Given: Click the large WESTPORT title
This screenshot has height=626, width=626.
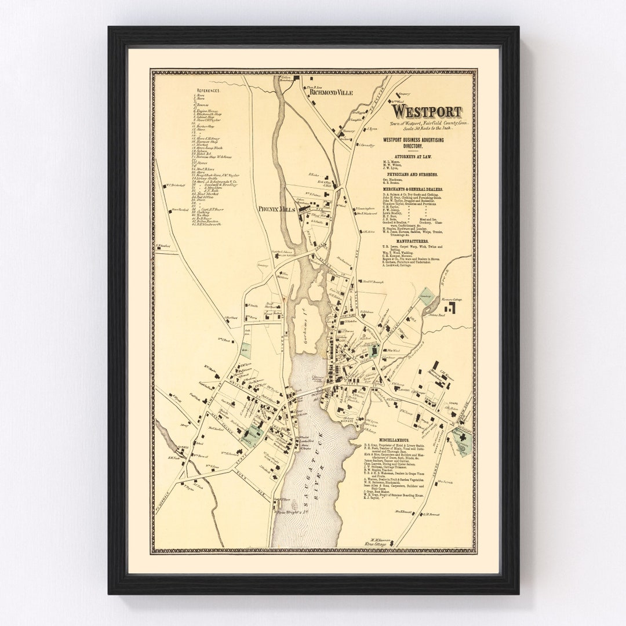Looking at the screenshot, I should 427,111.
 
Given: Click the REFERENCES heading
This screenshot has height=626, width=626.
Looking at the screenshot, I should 208,90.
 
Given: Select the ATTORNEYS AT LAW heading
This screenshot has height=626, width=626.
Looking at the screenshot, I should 413,156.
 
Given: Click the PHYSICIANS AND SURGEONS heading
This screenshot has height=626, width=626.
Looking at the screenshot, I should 413,174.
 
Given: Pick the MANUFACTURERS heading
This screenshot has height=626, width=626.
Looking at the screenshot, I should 413,240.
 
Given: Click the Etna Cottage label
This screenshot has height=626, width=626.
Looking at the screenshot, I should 380,545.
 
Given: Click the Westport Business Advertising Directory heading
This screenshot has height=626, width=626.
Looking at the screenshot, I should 413,142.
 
